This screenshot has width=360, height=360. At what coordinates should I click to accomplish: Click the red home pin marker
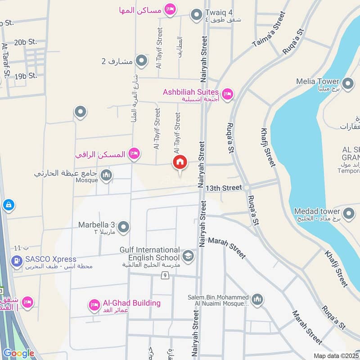(180, 163)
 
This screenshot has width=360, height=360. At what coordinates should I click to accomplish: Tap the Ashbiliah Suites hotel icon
(228, 93)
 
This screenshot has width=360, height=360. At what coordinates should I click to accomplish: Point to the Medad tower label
(317, 211)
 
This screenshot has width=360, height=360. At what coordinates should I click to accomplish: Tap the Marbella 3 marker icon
(124, 227)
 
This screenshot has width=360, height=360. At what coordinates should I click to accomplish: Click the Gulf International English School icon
(188, 257)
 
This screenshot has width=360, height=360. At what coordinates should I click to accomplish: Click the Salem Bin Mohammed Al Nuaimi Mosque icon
(257, 299)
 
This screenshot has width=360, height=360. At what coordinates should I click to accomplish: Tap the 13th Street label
(224, 187)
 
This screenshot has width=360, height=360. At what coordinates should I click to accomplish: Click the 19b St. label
(26, 76)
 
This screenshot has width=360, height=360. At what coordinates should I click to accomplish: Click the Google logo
(18, 353)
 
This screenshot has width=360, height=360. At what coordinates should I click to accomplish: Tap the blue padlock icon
(9, 205)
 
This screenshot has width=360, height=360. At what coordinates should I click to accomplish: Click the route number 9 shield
(166, 275)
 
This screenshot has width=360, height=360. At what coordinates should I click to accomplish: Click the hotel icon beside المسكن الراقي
(134, 154)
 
